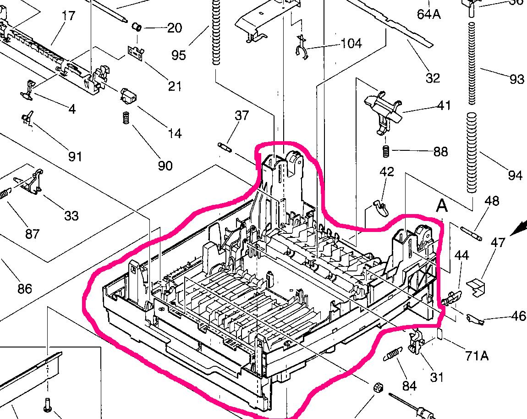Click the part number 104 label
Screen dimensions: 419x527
[351, 44]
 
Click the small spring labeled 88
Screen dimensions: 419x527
[386, 150]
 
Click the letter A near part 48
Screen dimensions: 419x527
[441, 206]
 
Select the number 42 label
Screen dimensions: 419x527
[387, 172]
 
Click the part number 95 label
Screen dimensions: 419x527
[179, 55]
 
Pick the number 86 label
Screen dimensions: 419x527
[25, 288]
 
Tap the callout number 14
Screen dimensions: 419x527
[175, 133]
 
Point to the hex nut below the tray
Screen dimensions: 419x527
[377, 388]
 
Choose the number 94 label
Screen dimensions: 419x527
[515, 175]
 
